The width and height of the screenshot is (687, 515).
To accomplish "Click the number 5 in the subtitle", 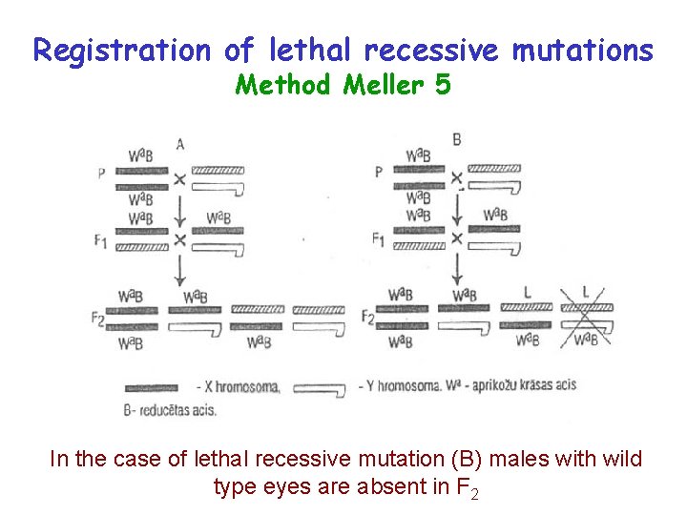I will tap(442, 86).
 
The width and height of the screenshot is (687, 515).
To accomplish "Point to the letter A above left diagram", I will tap(180, 144).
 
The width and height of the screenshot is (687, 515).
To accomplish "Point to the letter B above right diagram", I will tap(457, 140).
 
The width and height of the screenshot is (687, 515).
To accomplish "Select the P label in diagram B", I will tap(380, 172).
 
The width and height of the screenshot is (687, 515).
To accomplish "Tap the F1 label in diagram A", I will tap(101, 242).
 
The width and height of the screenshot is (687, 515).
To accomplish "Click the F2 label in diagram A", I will tap(100, 318).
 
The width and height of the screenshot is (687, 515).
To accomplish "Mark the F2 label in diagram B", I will tap(369, 316).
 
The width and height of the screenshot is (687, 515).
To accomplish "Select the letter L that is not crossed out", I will tap(528, 291).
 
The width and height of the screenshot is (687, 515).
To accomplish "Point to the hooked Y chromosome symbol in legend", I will tap(320, 388).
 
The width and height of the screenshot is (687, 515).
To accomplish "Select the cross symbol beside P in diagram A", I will tap(178, 178).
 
